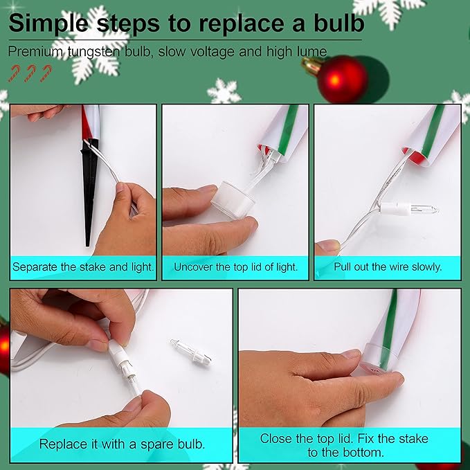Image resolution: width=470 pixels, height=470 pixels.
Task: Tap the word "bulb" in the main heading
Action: (x=338, y=23)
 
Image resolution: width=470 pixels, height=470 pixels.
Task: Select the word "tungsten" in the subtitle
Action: (x=93, y=52)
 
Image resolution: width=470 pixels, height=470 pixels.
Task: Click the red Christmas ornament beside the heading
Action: (x=342, y=79)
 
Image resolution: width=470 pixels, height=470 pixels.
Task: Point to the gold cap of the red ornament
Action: (x=311, y=65)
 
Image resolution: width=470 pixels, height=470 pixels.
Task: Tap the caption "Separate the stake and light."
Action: (x=83, y=266)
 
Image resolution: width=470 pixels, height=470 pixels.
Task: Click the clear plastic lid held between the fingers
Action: (x=233, y=199)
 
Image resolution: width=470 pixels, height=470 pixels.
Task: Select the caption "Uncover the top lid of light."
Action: (x=235, y=266)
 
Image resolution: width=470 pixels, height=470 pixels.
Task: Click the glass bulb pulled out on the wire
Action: (x=421, y=209)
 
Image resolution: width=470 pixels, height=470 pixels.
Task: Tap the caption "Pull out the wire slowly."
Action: (x=388, y=266)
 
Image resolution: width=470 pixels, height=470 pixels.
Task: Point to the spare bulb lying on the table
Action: (x=191, y=352)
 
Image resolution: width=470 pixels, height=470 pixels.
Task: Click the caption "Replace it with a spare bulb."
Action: (x=122, y=444)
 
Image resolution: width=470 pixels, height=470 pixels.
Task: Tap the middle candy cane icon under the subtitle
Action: (x=30, y=73)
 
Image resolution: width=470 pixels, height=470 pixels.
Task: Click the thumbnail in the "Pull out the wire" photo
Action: (x=329, y=245)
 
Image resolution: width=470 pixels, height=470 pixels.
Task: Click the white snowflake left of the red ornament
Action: (x=224, y=91)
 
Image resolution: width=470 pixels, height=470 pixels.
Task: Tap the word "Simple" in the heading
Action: (x=48, y=24)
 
